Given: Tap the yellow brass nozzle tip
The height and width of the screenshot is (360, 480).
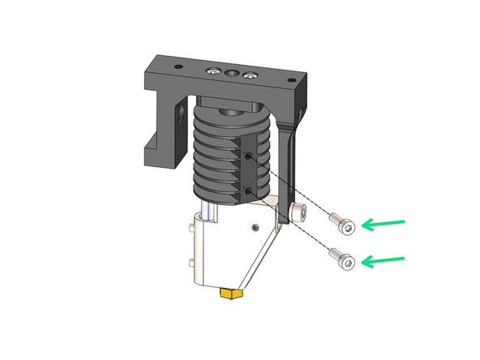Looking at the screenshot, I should [x=232, y=293].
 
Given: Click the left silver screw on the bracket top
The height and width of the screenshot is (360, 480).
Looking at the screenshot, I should [x=212, y=71].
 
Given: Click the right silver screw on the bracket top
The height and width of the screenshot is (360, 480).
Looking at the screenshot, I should [x=250, y=76].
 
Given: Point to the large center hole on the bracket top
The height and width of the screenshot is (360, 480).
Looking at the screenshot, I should [x=231, y=74].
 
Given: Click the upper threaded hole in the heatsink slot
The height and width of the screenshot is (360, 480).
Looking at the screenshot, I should [x=247, y=156].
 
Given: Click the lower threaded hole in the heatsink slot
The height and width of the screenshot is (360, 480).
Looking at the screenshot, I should [x=247, y=192].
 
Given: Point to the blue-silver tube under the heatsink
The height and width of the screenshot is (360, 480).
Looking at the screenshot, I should [x=212, y=212].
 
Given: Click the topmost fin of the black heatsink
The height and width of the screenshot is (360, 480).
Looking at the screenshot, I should [x=231, y=115].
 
